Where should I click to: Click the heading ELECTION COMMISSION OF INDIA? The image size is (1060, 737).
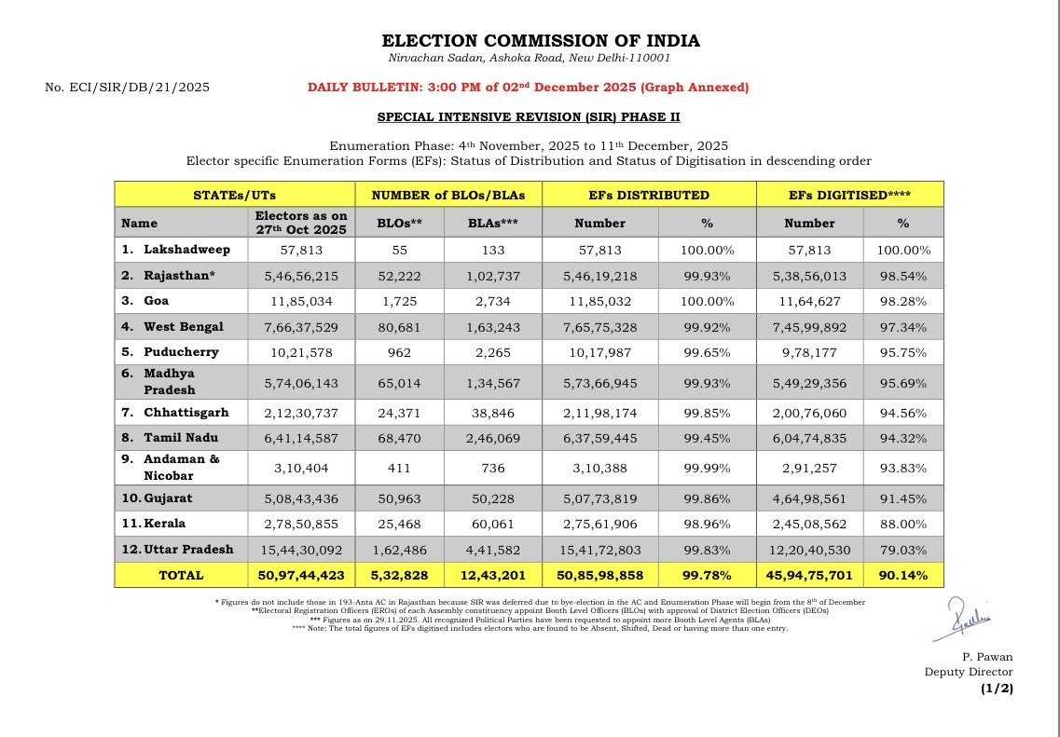tap(541, 41)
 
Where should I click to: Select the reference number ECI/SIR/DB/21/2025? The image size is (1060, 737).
tap(127, 88)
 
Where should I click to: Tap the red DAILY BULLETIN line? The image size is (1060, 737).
tap(528, 88)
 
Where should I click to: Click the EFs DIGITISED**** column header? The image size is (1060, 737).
tap(849, 195)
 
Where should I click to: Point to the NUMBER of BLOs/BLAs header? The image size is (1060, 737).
tap(447, 195)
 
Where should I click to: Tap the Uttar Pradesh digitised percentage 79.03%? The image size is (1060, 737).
tap(903, 549)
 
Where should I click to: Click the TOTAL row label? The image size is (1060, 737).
tap(181, 575)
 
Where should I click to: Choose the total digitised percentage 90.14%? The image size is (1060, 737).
tap(903, 575)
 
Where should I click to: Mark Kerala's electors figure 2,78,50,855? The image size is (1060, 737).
tap(301, 523)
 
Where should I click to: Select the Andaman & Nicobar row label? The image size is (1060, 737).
tap(181, 466)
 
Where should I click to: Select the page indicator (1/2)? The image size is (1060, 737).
tap(996, 689)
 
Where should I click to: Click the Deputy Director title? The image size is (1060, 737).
tap(968, 672)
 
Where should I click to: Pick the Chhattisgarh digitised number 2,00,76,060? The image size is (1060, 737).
tap(809, 412)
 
